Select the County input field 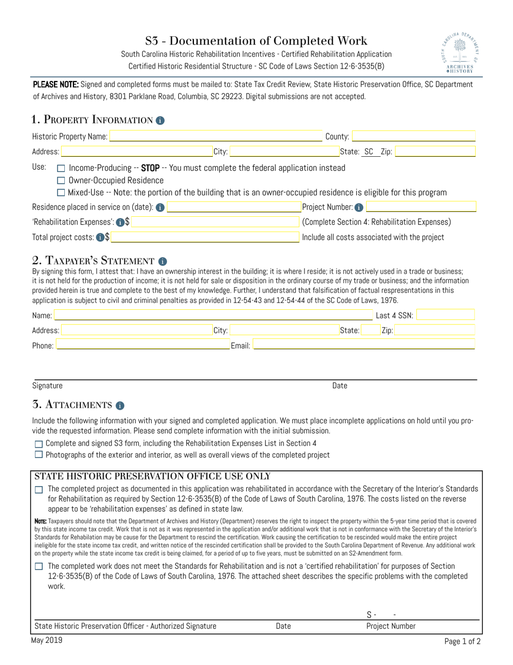tap(414, 137)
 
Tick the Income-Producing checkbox tap(61, 168)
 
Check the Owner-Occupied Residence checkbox tap(61, 181)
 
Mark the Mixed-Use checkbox tap(61, 193)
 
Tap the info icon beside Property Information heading tap(160, 120)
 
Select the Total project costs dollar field tap(205, 237)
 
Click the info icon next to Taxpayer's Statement tap(164, 261)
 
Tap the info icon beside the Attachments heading tap(120, 405)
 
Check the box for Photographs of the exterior tap(38, 455)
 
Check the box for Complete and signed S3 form tap(38, 443)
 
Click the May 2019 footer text tap(48, 640)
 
